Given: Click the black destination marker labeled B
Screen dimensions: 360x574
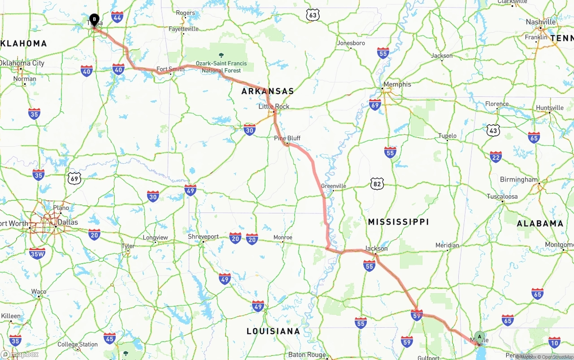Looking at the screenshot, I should [x=94, y=20].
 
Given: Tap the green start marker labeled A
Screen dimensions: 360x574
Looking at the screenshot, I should [x=479, y=337].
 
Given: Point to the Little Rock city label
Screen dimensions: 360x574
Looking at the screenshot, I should [x=274, y=107].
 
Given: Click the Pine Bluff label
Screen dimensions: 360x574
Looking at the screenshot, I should [x=287, y=138].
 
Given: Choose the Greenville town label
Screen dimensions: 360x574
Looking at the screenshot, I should [x=334, y=186].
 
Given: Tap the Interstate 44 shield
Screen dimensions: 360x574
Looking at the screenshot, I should [x=117, y=17].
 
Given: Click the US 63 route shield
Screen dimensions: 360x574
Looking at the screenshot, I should [x=313, y=15].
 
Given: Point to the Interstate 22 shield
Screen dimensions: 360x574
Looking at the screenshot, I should [x=496, y=157].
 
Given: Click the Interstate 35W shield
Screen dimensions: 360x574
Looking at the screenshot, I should [x=37, y=254].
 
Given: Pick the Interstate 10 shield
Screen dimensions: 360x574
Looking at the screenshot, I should [x=554, y=343].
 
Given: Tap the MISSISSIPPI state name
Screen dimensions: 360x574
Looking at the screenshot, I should [x=398, y=222].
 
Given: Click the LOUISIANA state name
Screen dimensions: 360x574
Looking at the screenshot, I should [x=273, y=331].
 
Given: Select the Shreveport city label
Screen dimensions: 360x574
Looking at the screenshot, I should [x=203, y=236].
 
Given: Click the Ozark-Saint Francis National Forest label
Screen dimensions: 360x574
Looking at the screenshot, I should [x=221, y=67].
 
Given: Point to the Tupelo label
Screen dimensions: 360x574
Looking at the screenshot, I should [x=447, y=136].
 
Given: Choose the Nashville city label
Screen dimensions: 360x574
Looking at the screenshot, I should [x=541, y=22].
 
